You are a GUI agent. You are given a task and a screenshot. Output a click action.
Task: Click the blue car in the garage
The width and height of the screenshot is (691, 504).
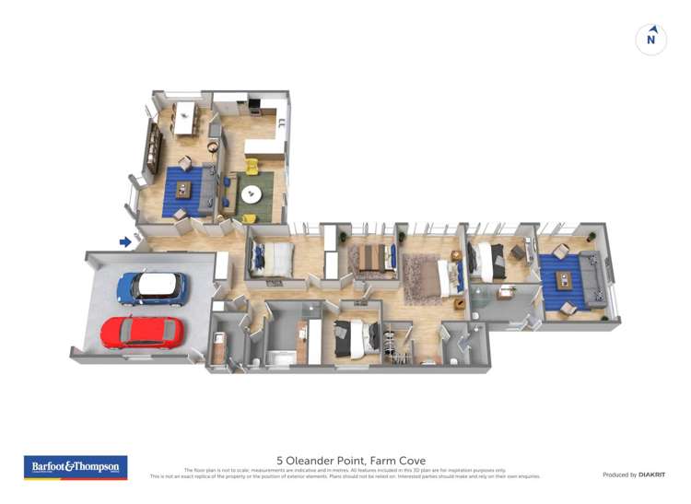pos(151,287)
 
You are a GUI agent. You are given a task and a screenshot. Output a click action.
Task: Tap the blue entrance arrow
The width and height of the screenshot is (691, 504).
pos(124,242)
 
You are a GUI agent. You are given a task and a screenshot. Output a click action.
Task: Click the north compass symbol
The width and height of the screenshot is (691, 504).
pos(651,39)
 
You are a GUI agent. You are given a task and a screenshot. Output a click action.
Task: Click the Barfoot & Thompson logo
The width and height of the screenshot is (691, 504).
pos(76,467)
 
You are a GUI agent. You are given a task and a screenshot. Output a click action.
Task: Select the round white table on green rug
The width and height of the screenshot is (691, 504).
pos(251,194)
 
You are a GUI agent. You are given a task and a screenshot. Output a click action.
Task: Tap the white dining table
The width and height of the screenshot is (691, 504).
pos(187,117)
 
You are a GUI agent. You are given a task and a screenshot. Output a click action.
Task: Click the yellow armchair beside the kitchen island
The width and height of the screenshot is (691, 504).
pos(251,168)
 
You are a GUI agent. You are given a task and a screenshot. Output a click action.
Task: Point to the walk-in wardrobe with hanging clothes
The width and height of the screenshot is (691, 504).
pos(399,346)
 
